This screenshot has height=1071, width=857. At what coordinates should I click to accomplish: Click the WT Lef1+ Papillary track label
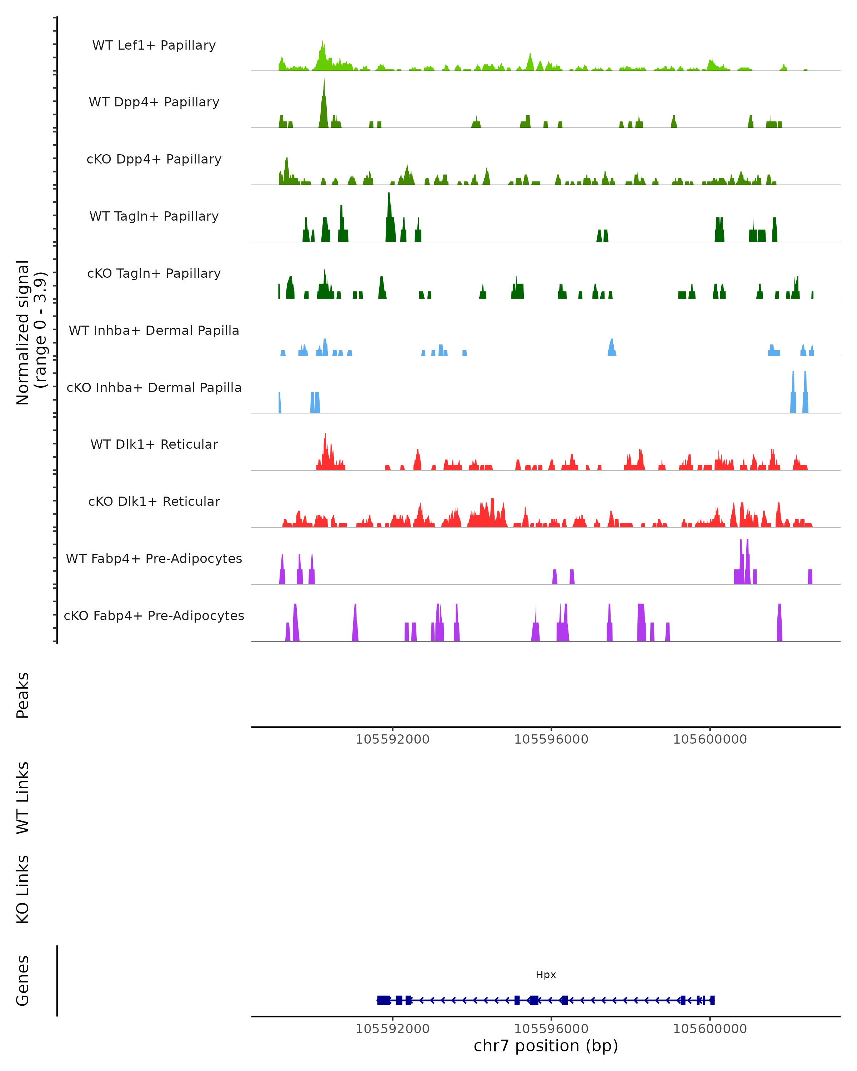[154, 45]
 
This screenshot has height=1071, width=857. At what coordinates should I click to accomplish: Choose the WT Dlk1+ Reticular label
[154, 444]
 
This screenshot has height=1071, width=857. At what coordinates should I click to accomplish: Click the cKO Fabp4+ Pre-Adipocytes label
[154, 615]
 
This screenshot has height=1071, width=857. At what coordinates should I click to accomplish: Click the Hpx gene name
[546, 975]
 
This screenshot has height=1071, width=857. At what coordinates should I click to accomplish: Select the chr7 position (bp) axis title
[546, 1046]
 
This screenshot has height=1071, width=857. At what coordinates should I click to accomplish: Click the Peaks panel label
[23, 695]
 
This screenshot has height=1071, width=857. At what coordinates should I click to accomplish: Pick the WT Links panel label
[23, 797]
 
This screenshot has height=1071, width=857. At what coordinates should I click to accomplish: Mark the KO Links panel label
[23, 889]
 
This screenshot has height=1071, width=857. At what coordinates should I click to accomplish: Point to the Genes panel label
[23, 981]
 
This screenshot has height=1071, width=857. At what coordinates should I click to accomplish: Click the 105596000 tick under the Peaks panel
[551, 739]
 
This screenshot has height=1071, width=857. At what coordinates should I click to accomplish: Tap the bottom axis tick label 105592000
[392, 1029]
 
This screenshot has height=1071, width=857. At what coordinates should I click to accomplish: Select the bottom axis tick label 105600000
[710, 1029]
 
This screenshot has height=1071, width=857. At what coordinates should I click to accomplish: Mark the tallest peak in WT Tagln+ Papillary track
[389, 195]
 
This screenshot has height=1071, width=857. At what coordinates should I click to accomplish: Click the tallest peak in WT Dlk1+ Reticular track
[325, 435]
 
